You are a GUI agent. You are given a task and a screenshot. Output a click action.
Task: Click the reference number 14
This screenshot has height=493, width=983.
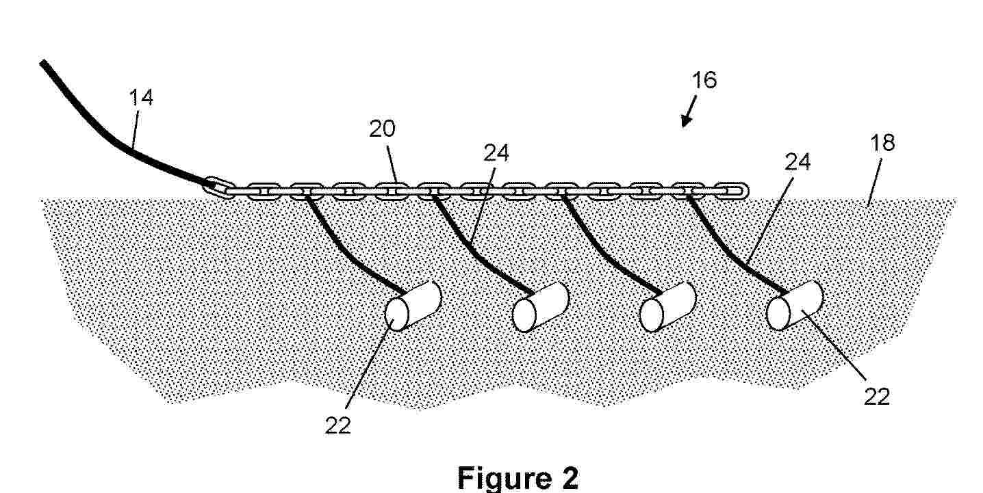point(141,98)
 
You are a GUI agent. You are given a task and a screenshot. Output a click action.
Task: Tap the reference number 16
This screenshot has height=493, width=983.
point(704,80)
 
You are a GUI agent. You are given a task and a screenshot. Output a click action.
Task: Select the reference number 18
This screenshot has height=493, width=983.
point(882,143)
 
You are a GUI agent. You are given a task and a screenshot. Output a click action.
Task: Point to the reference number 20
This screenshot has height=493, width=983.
point(382,129)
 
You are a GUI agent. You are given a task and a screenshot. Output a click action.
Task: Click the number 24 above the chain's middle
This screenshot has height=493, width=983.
point(496,153)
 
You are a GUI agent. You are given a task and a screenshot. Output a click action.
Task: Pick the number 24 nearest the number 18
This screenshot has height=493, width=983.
point(797,162)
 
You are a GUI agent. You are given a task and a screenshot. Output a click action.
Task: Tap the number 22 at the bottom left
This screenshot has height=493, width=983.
point(338,425)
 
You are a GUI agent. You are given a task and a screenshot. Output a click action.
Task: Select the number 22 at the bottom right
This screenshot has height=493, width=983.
point(877,397)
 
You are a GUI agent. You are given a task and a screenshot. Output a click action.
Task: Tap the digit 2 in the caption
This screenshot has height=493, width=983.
point(570,478)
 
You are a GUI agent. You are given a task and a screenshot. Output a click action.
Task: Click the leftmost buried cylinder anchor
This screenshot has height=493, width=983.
point(413,306)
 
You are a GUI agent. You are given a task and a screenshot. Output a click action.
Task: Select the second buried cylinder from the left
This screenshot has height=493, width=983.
point(541,307)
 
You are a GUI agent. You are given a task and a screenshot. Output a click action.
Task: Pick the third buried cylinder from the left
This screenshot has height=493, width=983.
point(668,307)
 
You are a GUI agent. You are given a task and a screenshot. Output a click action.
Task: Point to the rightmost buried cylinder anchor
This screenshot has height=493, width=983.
point(795,306)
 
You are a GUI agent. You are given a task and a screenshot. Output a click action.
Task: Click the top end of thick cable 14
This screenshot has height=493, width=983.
point(43,63)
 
